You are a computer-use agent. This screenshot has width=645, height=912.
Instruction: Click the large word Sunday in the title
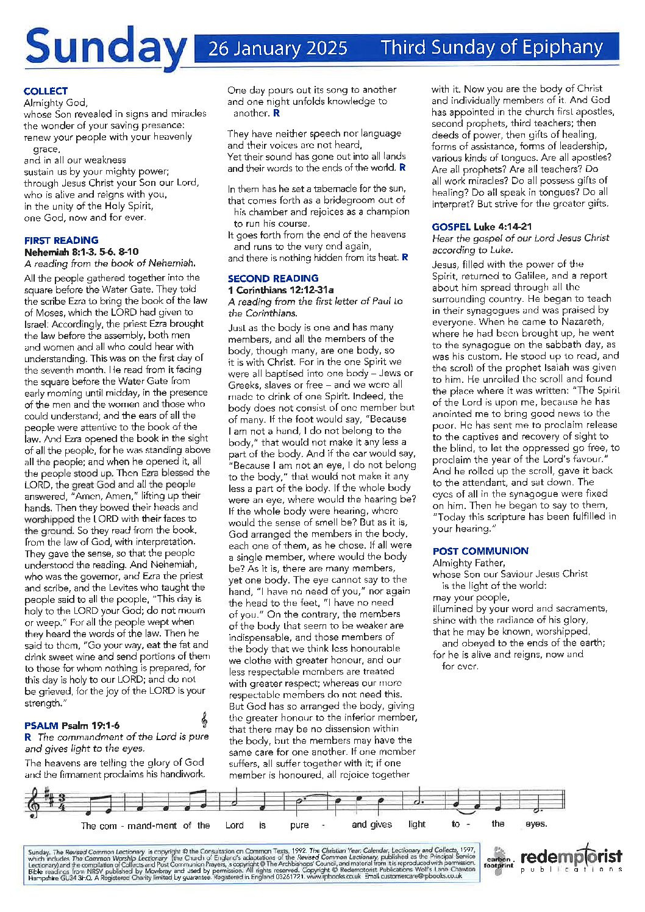105,48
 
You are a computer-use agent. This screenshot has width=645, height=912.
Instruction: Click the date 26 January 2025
278,48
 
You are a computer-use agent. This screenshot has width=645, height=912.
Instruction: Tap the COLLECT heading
46,91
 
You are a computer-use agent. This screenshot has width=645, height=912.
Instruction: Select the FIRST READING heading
61,240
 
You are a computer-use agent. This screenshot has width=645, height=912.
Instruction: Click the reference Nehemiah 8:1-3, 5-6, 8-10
81,251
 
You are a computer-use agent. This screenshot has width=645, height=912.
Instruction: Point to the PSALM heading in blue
41,725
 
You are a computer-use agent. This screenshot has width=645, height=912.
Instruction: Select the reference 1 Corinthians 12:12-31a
280,290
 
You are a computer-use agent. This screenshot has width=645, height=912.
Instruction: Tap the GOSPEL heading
451,227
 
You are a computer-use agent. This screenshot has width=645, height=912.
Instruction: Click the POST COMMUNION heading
480,551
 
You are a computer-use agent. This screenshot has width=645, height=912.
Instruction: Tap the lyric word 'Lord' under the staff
234,825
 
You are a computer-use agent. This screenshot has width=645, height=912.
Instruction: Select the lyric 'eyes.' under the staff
536,824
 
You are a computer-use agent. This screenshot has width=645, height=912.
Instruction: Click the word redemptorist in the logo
571,857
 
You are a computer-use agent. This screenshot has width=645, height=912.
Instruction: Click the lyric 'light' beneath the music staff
417,824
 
